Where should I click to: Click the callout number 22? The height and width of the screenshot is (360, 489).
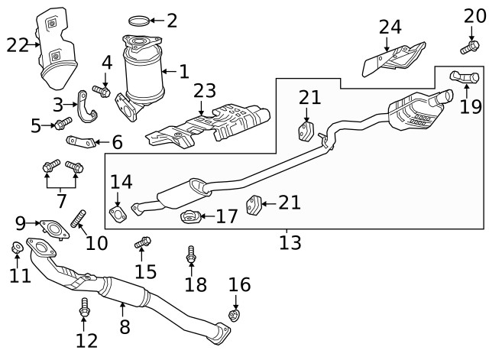(x=17, y=46)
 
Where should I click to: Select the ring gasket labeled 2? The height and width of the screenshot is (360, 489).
(x=137, y=20)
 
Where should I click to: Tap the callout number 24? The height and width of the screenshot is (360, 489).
(x=390, y=28)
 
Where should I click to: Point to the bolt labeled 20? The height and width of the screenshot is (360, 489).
(x=468, y=47)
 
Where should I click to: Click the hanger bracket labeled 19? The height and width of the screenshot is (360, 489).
(x=464, y=76)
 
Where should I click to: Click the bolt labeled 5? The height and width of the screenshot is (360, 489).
(x=63, y=122)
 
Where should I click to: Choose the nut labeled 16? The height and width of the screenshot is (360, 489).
(x=236, y=315)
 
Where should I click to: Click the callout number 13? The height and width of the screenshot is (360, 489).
(x=290, y=243)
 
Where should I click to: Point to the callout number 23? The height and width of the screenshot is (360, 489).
(x=205, y=92)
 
